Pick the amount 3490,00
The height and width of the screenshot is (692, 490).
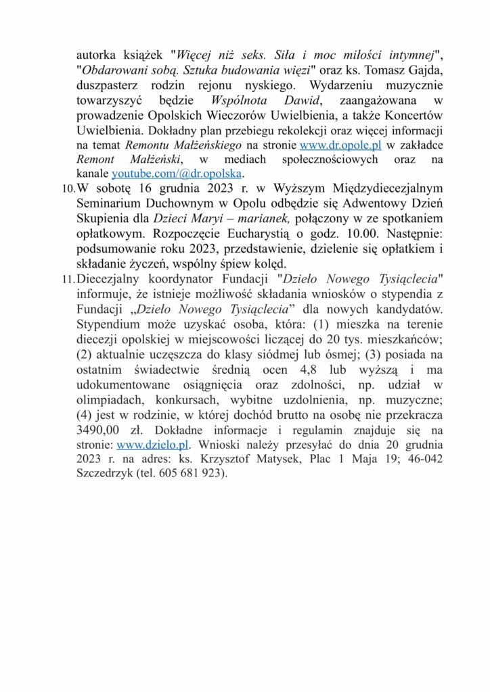pos(100,431)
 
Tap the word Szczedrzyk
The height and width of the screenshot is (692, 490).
pos(106,474)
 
